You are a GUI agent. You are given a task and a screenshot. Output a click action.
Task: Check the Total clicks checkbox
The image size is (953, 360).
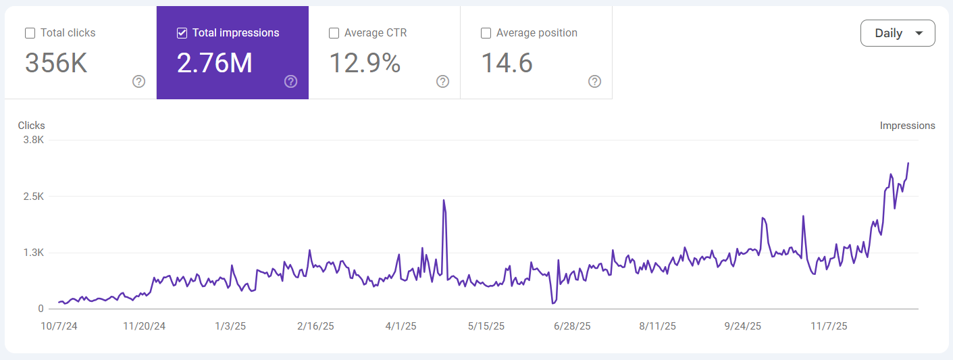coord(30,33)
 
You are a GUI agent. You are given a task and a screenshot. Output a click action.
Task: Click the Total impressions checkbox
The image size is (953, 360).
coord(182,33)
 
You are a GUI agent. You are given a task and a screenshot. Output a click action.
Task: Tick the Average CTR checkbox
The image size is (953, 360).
coord(334,33)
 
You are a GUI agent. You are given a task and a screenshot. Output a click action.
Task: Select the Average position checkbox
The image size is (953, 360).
coord(486,33)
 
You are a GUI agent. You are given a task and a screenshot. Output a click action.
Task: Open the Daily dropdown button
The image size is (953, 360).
coord(898,33)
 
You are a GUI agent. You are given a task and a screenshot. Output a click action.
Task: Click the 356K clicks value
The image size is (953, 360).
coord(56,63)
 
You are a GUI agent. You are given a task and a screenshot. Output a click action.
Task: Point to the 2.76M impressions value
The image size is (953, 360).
coord(214,63)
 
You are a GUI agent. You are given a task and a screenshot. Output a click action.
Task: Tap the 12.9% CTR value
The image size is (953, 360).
coord(365,63)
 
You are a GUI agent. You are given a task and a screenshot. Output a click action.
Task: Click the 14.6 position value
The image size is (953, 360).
coord(507,63)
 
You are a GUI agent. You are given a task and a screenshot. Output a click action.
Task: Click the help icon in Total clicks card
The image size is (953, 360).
coord(138,82)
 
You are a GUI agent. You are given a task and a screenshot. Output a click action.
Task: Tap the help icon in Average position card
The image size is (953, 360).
coord(594,82)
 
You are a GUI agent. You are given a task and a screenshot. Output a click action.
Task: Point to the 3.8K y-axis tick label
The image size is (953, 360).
coord(32,140)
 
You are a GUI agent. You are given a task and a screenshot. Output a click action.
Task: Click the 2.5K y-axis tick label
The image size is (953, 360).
coord(32,197)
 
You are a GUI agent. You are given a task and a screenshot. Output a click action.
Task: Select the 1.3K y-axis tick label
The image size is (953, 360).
coord(32,253)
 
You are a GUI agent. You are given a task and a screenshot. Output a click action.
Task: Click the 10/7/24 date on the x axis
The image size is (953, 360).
coord(59,326)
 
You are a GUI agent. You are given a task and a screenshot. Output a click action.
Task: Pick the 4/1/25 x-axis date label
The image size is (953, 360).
coord(401,326)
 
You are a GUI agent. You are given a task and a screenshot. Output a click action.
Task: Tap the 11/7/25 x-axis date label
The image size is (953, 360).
coord(829,326)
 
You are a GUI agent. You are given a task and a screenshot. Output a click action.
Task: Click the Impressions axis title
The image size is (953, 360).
coord(907,126)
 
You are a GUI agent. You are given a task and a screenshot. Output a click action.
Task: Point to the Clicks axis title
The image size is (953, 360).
coord(32,126)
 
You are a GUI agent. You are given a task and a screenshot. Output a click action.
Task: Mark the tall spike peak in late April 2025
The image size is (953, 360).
coord(444,200)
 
